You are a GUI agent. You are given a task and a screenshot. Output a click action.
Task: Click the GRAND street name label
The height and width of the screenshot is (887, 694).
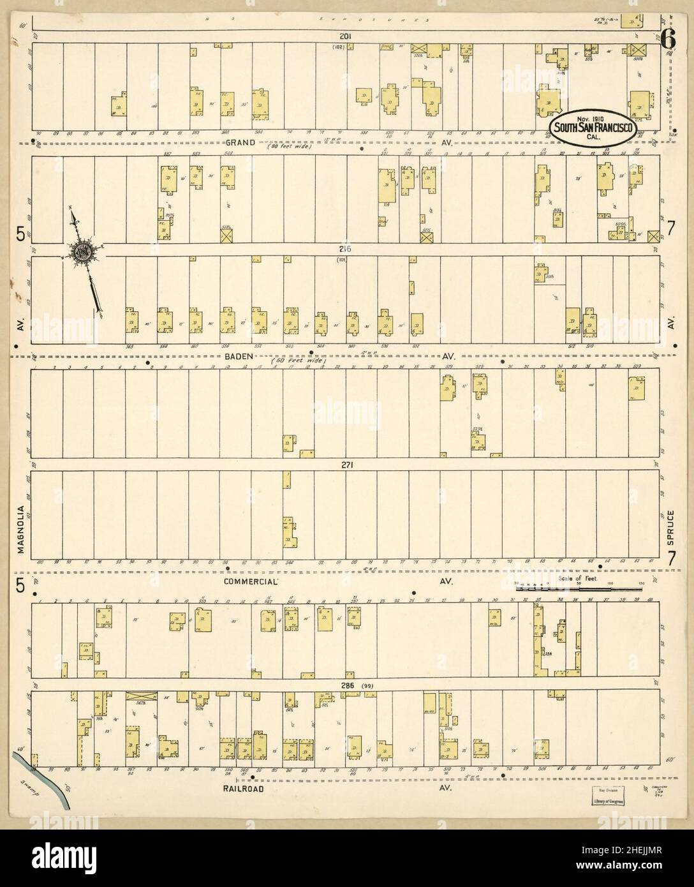click(239, 143)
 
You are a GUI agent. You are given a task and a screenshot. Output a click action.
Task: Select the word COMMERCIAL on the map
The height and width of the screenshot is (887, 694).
click(250, 582)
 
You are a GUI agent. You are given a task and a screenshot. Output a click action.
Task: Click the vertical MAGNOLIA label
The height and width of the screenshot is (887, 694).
click(22, 530)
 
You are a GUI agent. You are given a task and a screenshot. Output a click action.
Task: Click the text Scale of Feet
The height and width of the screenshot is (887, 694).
click(577, 578)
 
